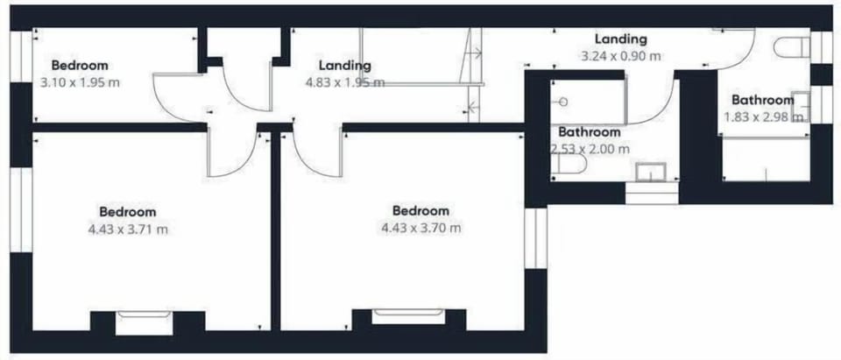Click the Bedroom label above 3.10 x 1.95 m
pyautogui.click(x=80, y=65)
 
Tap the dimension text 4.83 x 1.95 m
pyautogui.click(x=344, y=82)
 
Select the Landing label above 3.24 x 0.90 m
pyautogui.click(x=620, y=39)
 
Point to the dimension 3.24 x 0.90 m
pyautogui.click(x=620, y=55)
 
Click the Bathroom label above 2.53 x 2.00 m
pyautogui.click(x=590, y=132)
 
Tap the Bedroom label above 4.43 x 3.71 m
pyautogui.click(x=128, y=211)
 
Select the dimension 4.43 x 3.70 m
pyautogui.click(x=421, y=228)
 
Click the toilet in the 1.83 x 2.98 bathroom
pyautogui.click(x=793, y=47)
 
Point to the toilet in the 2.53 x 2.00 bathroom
pyautogui.click(x=568, y=164)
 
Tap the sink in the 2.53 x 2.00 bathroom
pyautogui.click(x=652, y=171)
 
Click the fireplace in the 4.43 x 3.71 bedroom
pyautogui.click(x=144, y=321)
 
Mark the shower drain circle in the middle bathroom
pyautogui.click(x=562, y=102)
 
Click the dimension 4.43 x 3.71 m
pyautogui.click(x=128, y=229)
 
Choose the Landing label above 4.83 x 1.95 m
pyautogui.click(x=344, y=65)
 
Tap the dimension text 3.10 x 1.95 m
pyautogui.click(x=80, y=82)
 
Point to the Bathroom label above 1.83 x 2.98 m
pyautogui.click(x=763, y=99)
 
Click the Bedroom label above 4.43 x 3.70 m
pyautogui.click(x=421, y=210)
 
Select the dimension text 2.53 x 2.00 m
pyautogui.click(x=590, y=149)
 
